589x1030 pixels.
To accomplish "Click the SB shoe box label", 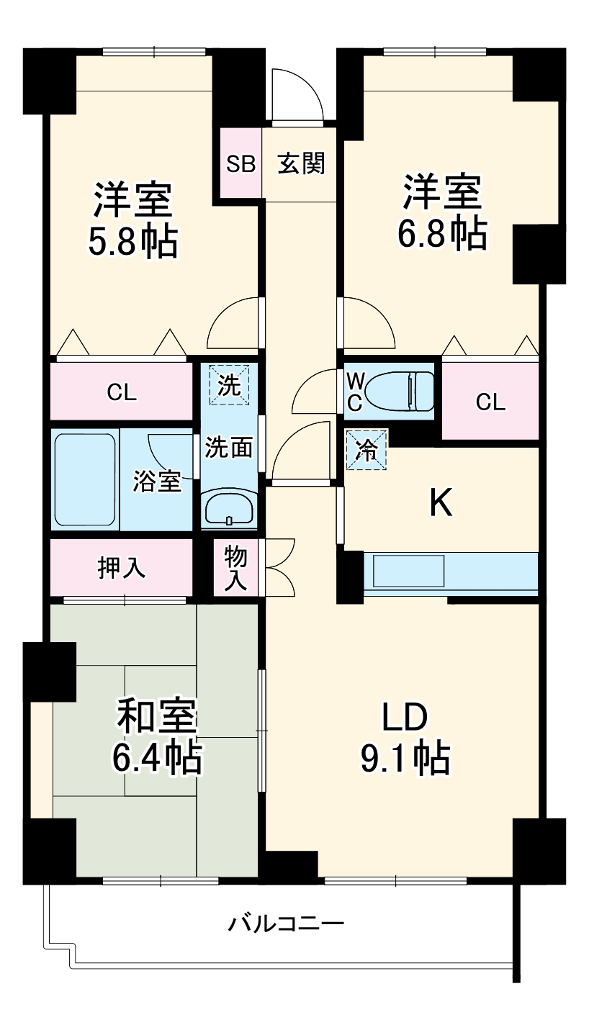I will pyautogui.click(x=241, y=164).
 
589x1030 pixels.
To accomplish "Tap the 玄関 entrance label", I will pyautogui.click(x=302, y=164).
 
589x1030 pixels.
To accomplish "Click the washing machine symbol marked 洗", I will pyautogui.click(x=229, y=385).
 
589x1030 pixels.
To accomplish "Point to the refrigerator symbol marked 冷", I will pyautogui.click(x=367, y=450).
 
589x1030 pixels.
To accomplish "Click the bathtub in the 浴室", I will pyautogui.click(x=85, y=479).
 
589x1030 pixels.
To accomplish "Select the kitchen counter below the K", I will pyautogui.click(x=451, y=573).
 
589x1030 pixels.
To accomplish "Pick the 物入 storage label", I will pyautogui.click(x=235, y=568).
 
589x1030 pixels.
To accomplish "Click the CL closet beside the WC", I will pyautogui.click(x=490, y=402).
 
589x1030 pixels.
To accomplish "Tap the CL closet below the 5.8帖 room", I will pyautogui.click(x=122, y=393).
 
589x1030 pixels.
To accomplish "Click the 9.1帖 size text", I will pyautogui.click(x=405, y=756).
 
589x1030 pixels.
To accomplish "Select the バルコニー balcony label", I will pyautogui.click(x=287, y=923).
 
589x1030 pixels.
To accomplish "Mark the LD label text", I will pyautogui.click(x=405, y=717).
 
